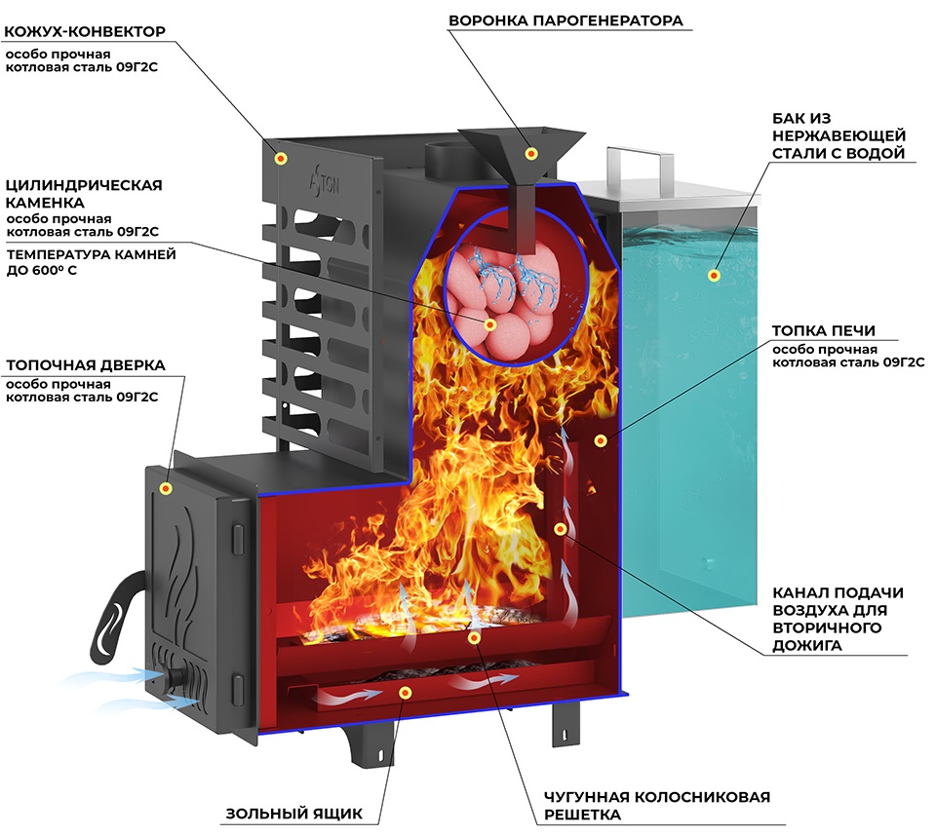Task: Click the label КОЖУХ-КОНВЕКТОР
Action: coord(86,31)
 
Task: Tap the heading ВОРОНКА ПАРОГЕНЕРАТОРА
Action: coord(565,19)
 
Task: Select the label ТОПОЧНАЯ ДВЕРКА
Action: coord(86,365)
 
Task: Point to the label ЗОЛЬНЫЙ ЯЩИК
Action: coord(293,814)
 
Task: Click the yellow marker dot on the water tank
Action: coord(715,276)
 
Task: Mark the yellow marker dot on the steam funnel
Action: coord(531,153)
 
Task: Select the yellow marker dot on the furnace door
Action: coord(167,488)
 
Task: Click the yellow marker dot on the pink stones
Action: coord(490,324)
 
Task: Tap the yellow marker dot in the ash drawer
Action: coord(406,692)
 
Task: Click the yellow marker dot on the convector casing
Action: coord(282,158)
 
